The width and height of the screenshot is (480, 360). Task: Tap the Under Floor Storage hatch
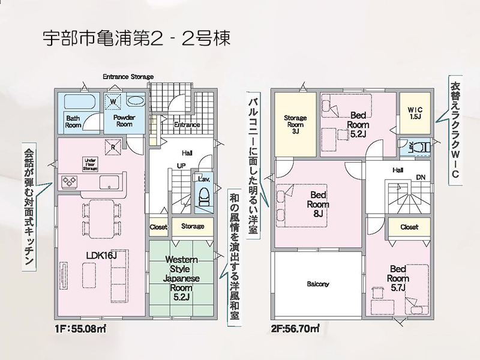pyautogui.click(x=91, y=164)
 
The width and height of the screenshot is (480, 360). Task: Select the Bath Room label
pyautogui.click(x=73, y=122)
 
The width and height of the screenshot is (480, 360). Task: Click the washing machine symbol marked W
pyautogui.click(x=113, y=101)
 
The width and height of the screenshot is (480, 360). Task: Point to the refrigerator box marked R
pyautogui.click(x=113, y=147)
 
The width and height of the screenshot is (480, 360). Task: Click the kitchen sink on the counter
pyautogui.click(x=110, y=183)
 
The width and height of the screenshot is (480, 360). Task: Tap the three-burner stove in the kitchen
pyautogui.click(x=70, y=181)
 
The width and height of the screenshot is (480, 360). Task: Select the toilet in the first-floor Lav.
pyautogui.click(x=203, y=197)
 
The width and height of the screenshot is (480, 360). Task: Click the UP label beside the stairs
pyautogui.click(x=181, y=166)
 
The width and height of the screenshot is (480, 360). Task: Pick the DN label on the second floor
pyautogui.click(x=421, y=177)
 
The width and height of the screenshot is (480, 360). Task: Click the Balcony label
pyautogui.click(x=318, y=284)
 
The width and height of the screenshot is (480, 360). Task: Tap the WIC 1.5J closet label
pyautogui.click(x=415, y=113)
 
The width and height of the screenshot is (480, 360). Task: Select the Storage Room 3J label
pyautogui.click(x=295, y=125)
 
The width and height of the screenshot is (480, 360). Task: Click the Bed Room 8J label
pyautogui.click(x=318, y=204)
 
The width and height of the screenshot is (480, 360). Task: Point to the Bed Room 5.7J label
pyautogui.click(x=398, y=278)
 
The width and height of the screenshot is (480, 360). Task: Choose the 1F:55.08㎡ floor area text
pyautogui.click(x=80, y=329)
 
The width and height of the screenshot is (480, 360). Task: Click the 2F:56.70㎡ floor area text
pyautogui.click(x=295, y=329)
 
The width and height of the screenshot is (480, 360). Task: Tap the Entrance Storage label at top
pyautogui.click(x=128, y=77)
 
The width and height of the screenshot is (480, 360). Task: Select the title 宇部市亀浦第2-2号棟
pyautogui.click(x=136, y=38)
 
